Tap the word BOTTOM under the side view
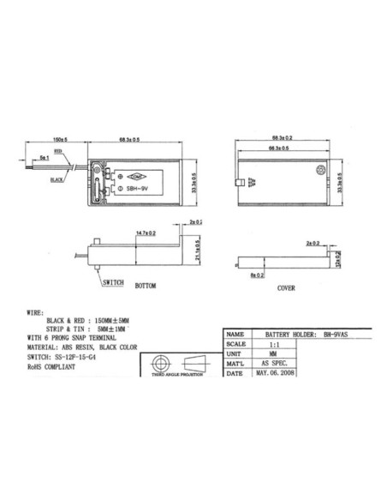pyautogui.click(x=146, y=285)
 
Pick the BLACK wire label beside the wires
pyautogui.click(x=57, y=180)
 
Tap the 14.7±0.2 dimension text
pyautogui.click(x=146, y=232)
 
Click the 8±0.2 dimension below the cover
pyautogui.click(x=256, y=277)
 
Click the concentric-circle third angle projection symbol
pyautogui.click(x=158, y=360)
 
